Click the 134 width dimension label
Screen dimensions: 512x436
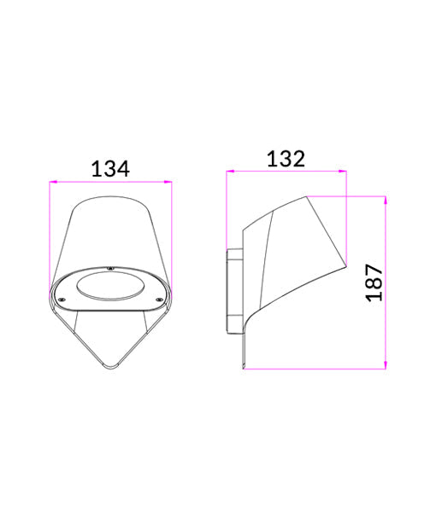point(110,168)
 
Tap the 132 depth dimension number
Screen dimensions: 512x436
point(286,158)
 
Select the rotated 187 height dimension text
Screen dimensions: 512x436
point(374,282)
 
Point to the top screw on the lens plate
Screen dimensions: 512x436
point(109,271)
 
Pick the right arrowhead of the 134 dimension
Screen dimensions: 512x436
point(169,181)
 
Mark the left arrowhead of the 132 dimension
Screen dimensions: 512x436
point(228,172)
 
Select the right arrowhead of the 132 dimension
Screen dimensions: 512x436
point(344,172)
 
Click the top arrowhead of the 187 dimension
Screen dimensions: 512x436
point(386,200)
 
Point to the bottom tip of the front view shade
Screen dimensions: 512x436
point(110,368)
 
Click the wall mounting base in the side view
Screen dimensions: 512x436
point(233,290)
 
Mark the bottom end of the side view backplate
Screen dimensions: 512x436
point(243,367)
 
